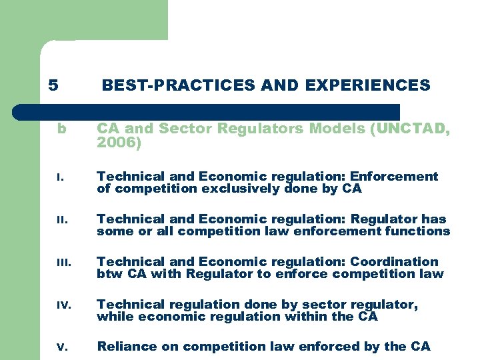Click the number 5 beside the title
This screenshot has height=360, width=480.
tap(53, 85)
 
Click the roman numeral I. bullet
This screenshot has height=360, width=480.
tap(59, 177)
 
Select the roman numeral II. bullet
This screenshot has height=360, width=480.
tap(61, 220)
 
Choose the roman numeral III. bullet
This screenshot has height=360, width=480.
tap(62, 263)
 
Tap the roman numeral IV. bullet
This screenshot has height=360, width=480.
tap(62, 305)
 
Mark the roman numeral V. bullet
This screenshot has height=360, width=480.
tap(61, 347)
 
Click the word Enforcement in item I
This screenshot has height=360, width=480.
tap(394, 177)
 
